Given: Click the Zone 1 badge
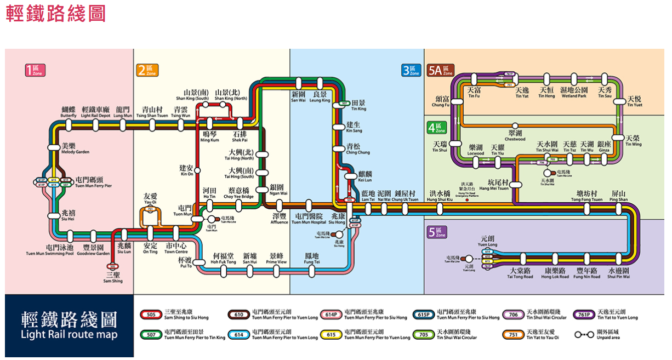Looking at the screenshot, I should pos(36,70).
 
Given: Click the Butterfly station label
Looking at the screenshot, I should pos(69,112).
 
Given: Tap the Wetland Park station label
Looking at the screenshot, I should pos(573,93).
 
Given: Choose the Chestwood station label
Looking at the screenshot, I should pos(515,136).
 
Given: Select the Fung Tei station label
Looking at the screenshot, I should pos(312,259).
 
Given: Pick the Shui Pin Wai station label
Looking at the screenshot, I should pos(618,273).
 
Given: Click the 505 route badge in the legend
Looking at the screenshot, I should pos(151,315).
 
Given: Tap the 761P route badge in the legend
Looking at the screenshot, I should pos(584,315).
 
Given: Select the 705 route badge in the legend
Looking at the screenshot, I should pos(424,334).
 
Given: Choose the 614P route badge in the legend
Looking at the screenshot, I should pos(331,315).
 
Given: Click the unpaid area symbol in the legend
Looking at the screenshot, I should pos(584,334).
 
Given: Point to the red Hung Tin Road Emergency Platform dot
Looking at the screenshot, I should pos(466,200).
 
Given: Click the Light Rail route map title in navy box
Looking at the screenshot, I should pos(69,325).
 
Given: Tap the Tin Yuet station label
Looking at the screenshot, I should pos(634,102).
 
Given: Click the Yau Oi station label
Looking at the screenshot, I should pos(150,198).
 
